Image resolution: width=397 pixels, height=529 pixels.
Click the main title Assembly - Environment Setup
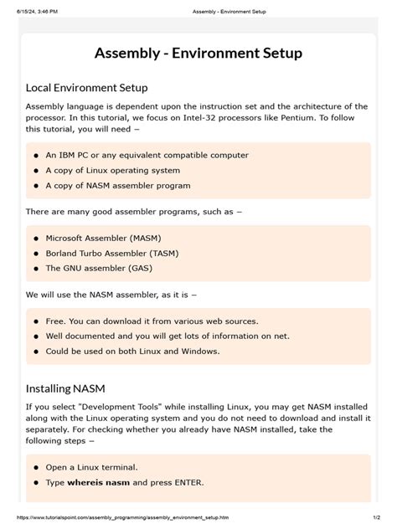coord(198,54)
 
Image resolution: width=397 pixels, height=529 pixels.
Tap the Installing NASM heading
coord(65,388)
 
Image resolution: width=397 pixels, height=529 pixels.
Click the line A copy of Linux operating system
coord(119,170)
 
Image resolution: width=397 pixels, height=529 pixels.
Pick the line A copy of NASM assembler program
coord(118,185)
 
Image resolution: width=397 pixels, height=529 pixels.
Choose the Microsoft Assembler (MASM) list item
coord(104,238)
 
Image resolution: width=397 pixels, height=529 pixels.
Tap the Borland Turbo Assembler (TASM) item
coord(111,253)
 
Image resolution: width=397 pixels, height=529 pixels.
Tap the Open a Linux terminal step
coord(91,467)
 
